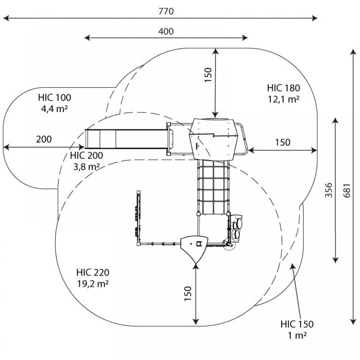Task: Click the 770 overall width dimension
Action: pyautogui.click(x=166, y=11)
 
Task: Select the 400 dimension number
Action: pyautogui.click(x=166, y=31)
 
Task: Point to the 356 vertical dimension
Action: pyautogui.click(x=329, y=190)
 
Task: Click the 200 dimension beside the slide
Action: pyautogui.click(x=44, y=139)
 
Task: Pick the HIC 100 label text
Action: pyautogui.click(x=55, y=97)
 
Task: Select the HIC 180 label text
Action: pyautogui.click(x=283, y=88)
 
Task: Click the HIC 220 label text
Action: pyautogui.click(x=93, y=272)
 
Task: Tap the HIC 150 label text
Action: pyautogui.click(x=297, y=324)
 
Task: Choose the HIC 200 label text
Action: pyautogui.click(x=87, y=156)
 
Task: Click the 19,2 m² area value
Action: pyautogui.click(x=93, y=284)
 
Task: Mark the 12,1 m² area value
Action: pyautogui.click(x=284, y=99)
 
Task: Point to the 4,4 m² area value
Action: pyautogui.click(x=54, y=109)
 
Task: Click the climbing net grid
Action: pyautogui.click(x=213, y=187)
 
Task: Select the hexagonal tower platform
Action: pyautogui.click(x=213, y=139)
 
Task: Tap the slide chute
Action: pyautogui.click(x=126, y=139)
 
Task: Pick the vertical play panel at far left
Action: pyautogui.click(x=138, y=217)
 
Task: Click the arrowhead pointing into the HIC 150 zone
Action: pyautogui.click(x=292, y=266)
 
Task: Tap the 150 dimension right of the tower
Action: pyautogui.click(x=283, y=142)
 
